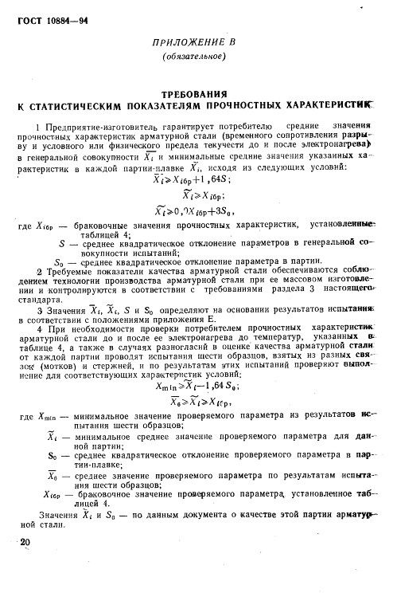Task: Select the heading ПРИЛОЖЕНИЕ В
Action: (194, 41)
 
